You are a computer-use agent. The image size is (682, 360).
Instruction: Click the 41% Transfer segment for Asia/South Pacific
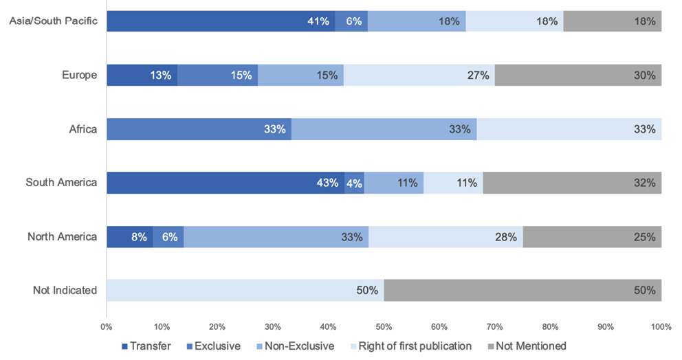point(220,21)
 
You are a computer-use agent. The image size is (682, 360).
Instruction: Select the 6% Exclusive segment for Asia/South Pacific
point(351,21)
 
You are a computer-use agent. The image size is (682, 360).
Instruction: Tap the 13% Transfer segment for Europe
point(142,75)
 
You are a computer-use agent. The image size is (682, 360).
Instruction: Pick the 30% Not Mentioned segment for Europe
point(578,75)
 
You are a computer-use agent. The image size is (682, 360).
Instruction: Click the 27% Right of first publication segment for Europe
point(419,75)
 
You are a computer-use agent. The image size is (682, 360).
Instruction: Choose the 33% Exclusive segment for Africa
point(199,128)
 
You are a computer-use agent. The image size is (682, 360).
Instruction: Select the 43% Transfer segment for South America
point(225,183)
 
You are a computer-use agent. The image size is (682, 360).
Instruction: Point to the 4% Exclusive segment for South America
point(354,183)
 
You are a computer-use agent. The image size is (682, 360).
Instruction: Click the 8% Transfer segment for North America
point(129,236)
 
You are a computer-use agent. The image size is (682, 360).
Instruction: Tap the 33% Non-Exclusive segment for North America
point(276,236)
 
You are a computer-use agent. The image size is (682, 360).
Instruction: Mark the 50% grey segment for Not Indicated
point(522,290)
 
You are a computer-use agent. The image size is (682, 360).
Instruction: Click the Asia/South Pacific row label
point(53,21)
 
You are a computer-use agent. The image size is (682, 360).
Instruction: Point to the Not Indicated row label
point(65,290)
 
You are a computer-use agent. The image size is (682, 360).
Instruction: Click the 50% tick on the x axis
point(384,326)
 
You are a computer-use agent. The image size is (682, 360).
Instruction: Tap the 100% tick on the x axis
point(661,326)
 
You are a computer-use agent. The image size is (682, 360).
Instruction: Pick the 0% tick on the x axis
point(107,326)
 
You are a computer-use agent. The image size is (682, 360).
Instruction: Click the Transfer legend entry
point(146,346)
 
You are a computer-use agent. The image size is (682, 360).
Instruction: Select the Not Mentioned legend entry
point(526,346)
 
